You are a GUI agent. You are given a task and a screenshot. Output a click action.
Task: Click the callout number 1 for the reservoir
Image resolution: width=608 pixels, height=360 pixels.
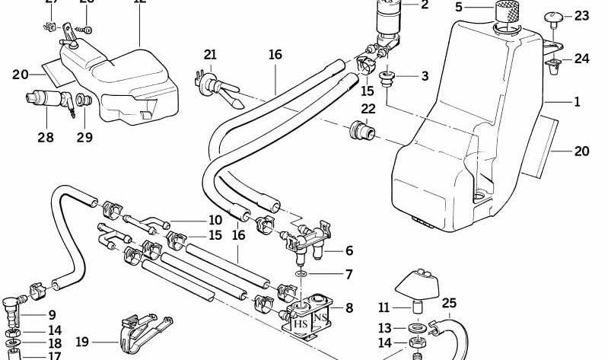pyautogui.click(x=577, y=102)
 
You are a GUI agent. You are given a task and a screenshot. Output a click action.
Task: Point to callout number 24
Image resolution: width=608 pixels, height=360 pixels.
pyautogui.click(x=581, y=58)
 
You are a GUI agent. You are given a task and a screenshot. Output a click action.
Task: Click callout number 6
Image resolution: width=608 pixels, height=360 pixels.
pyautogui.click(x=349, y=250)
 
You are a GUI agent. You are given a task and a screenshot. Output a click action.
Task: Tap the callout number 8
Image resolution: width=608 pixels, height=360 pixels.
pyautogui.click(x=349, y=307)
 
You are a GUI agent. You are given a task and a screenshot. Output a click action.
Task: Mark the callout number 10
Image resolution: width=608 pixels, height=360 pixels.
pyautogui.click(x=215, y=221)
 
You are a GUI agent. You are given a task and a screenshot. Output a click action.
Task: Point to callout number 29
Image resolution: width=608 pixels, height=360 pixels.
pyautogui.click(x=84, y=138)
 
